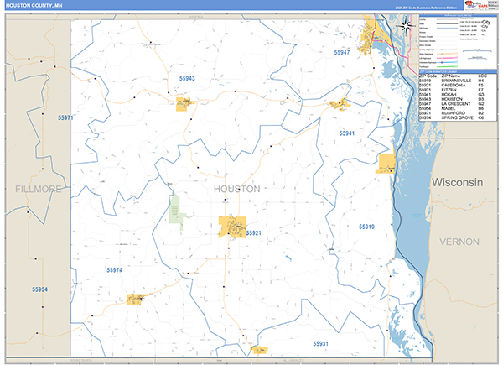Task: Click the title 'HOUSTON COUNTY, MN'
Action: coord(29,5)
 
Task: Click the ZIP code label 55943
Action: coord(187,78)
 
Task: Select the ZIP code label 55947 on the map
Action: coord(342,52)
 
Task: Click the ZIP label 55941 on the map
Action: coord(347,133)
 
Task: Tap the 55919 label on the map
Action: coord(367,227)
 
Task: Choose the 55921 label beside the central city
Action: coord(254,232)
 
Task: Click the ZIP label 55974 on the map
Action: coord(115,269)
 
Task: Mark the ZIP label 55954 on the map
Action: coord(39,289)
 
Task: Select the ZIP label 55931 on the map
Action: coord(321,343)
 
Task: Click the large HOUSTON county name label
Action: coord(237,189)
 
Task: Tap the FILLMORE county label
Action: coord(39,190)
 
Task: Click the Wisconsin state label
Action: coord(458,182)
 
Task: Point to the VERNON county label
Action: coord(458,242)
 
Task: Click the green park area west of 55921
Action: coord(174,210)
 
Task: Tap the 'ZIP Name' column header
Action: coord(450,76)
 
